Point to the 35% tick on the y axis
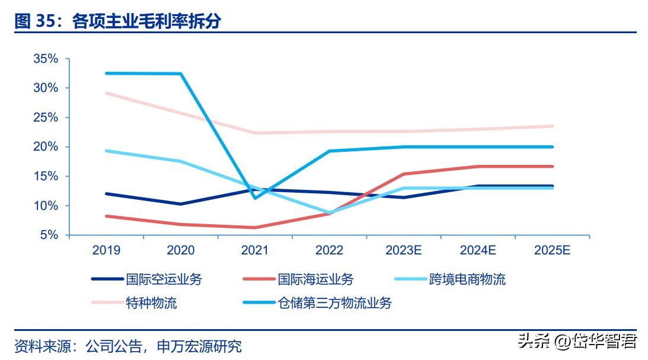point(46,59)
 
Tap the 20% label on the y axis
point(46,146)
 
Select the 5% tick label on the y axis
point(49,235)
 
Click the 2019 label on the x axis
point(106,250)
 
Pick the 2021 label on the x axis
point(255,250)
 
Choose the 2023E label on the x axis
point(403,250)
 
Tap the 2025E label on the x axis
point(552,250)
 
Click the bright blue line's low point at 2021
point(255,197)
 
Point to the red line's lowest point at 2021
point(255,227)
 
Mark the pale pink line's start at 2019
point(106,93)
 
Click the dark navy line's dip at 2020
point(180,204)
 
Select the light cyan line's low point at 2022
point(329,213)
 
